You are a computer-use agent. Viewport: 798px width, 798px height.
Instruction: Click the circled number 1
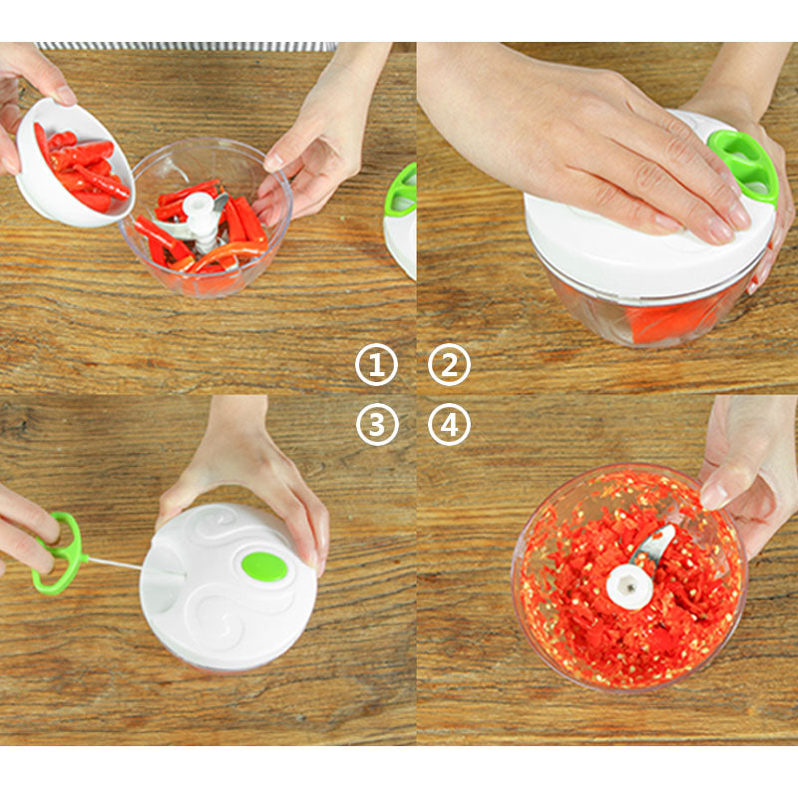tap(376, 364)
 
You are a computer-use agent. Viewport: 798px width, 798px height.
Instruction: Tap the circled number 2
tap(449, 364)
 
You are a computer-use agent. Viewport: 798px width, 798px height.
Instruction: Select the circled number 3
tap(376, 425)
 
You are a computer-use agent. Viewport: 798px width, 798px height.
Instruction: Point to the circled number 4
tap(449, 425)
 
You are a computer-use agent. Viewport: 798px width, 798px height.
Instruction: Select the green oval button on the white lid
tap(264, 567)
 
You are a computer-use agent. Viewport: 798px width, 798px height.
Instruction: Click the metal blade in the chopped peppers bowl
tap(654, 546)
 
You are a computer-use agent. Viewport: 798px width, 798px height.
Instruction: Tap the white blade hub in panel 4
tap(629, 587)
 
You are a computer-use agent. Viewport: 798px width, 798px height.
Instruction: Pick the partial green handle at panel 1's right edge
tap(401, 188)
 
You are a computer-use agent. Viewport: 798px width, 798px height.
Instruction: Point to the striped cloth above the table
tap(186, 46)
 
